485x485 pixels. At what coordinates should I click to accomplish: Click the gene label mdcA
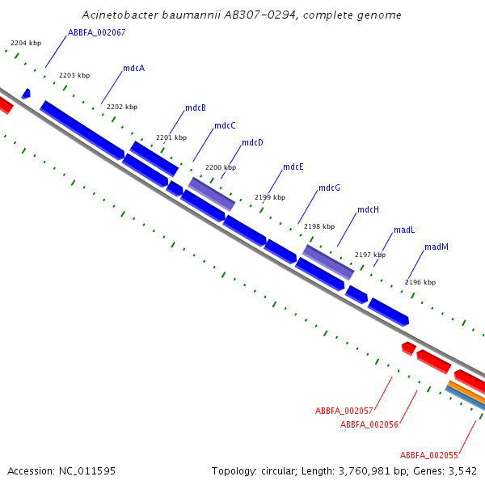pyautogui.click(x=134, y=68)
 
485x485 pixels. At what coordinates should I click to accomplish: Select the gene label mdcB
pyautogui.click(x=196, y=108)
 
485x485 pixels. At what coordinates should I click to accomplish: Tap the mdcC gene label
pyautogui.click(x=225, y=125)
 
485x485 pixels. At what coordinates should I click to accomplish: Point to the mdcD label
pyautogui.click(x=252, y=142)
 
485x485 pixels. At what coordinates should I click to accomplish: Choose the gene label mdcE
pyautogui.click(x=293, y=167)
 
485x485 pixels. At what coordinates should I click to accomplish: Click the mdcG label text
pyautogui.click(x=330, y=188)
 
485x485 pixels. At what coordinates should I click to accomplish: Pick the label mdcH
pyautogui.click(x=368, y=209)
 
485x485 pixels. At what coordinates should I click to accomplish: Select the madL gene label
pyautogui.click(x=404, y=230)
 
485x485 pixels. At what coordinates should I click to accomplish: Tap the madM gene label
pyautogui.click(x=436, y=247)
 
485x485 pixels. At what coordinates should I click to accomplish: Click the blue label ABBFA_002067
pyautogui.click(x=97, y=32)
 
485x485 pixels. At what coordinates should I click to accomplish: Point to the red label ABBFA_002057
pyautogui.click(x=344, y=411)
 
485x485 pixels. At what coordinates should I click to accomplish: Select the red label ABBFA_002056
pyautogui.click(x=369, y=424)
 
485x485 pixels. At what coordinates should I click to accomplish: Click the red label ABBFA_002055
pyautogui.click(x=429, y=455)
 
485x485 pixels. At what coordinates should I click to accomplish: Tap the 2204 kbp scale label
pyautogui.click(x=26, y=43)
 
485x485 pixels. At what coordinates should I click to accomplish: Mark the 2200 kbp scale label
pyautogui.click(x=221, y=167)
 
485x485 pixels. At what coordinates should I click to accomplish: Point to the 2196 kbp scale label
pyautogui.click(x=420, y=282)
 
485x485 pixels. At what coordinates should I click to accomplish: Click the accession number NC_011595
pyautogui.click(x=87, y=471)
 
